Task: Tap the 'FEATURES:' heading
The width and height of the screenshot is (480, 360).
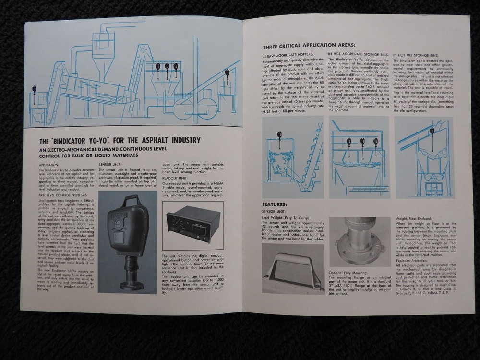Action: [276, 204]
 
